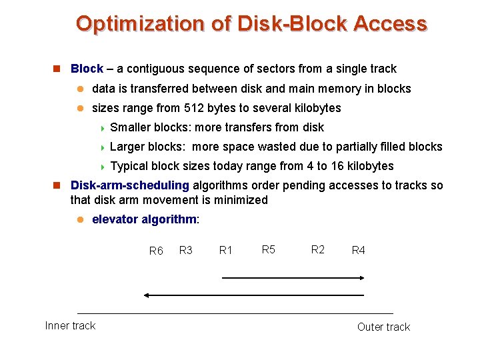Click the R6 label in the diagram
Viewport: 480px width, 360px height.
click(x=156, y=251)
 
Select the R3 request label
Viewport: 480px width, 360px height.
click(x=186, y=250)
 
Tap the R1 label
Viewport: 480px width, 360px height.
click(x=226, y=250)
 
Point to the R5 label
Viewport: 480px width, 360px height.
click(x=269, y=249)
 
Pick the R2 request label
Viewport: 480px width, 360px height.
click(x=318, y=249)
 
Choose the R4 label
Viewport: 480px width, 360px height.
click(x=358, y=250)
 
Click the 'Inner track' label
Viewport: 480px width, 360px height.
click(x=70, y=325)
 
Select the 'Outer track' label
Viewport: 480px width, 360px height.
click(x=383, y=327)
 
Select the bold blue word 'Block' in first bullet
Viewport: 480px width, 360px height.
click(x=87, y=69)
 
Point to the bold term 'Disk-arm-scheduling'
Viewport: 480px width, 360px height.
click(x=130, y=185)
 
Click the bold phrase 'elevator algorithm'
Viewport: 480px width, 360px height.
click(x=144, y=219)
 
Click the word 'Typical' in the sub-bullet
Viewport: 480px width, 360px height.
click(x=128, y=166)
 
